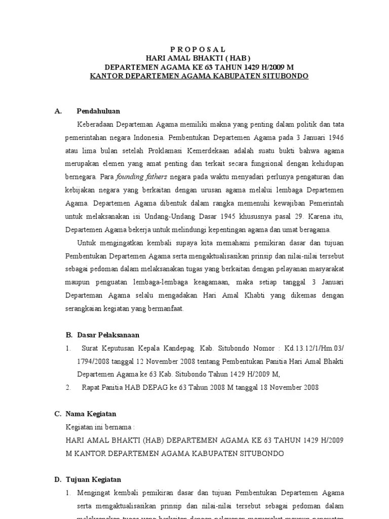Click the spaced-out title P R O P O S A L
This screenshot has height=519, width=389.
198,49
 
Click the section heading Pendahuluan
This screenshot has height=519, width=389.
98,111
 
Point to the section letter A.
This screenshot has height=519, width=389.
58,111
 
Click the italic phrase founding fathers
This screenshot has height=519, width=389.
134,177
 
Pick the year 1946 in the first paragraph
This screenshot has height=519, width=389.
332,137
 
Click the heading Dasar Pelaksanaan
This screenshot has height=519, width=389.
108,335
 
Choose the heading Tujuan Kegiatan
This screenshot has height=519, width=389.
94,479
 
